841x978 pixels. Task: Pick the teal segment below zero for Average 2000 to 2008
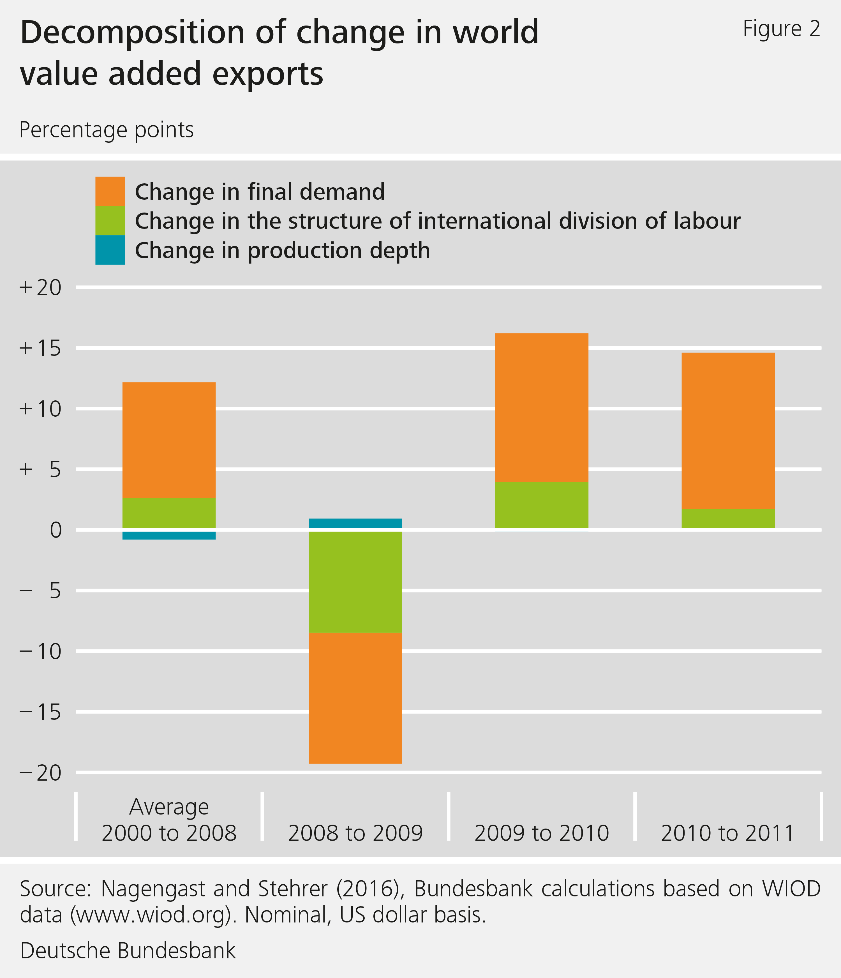(169, 535)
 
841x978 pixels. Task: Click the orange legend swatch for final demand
(110, 191)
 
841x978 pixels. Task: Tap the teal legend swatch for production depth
(110, 250)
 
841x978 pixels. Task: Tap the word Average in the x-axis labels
(169, 807)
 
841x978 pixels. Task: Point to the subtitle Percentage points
(107, 130)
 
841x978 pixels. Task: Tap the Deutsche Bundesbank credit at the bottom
(128, 950)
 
